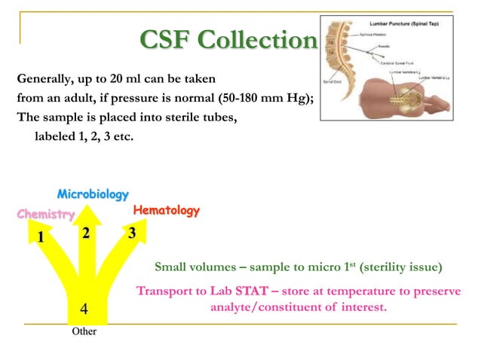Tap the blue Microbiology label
point(93,195)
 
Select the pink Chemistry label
point(46,215)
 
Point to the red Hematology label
point(167,211)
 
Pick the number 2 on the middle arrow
point(86,233)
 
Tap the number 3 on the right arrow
point(132,233)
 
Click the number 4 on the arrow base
point(84,310)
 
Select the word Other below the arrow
point(84,331)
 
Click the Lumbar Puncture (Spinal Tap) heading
point(405,25)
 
